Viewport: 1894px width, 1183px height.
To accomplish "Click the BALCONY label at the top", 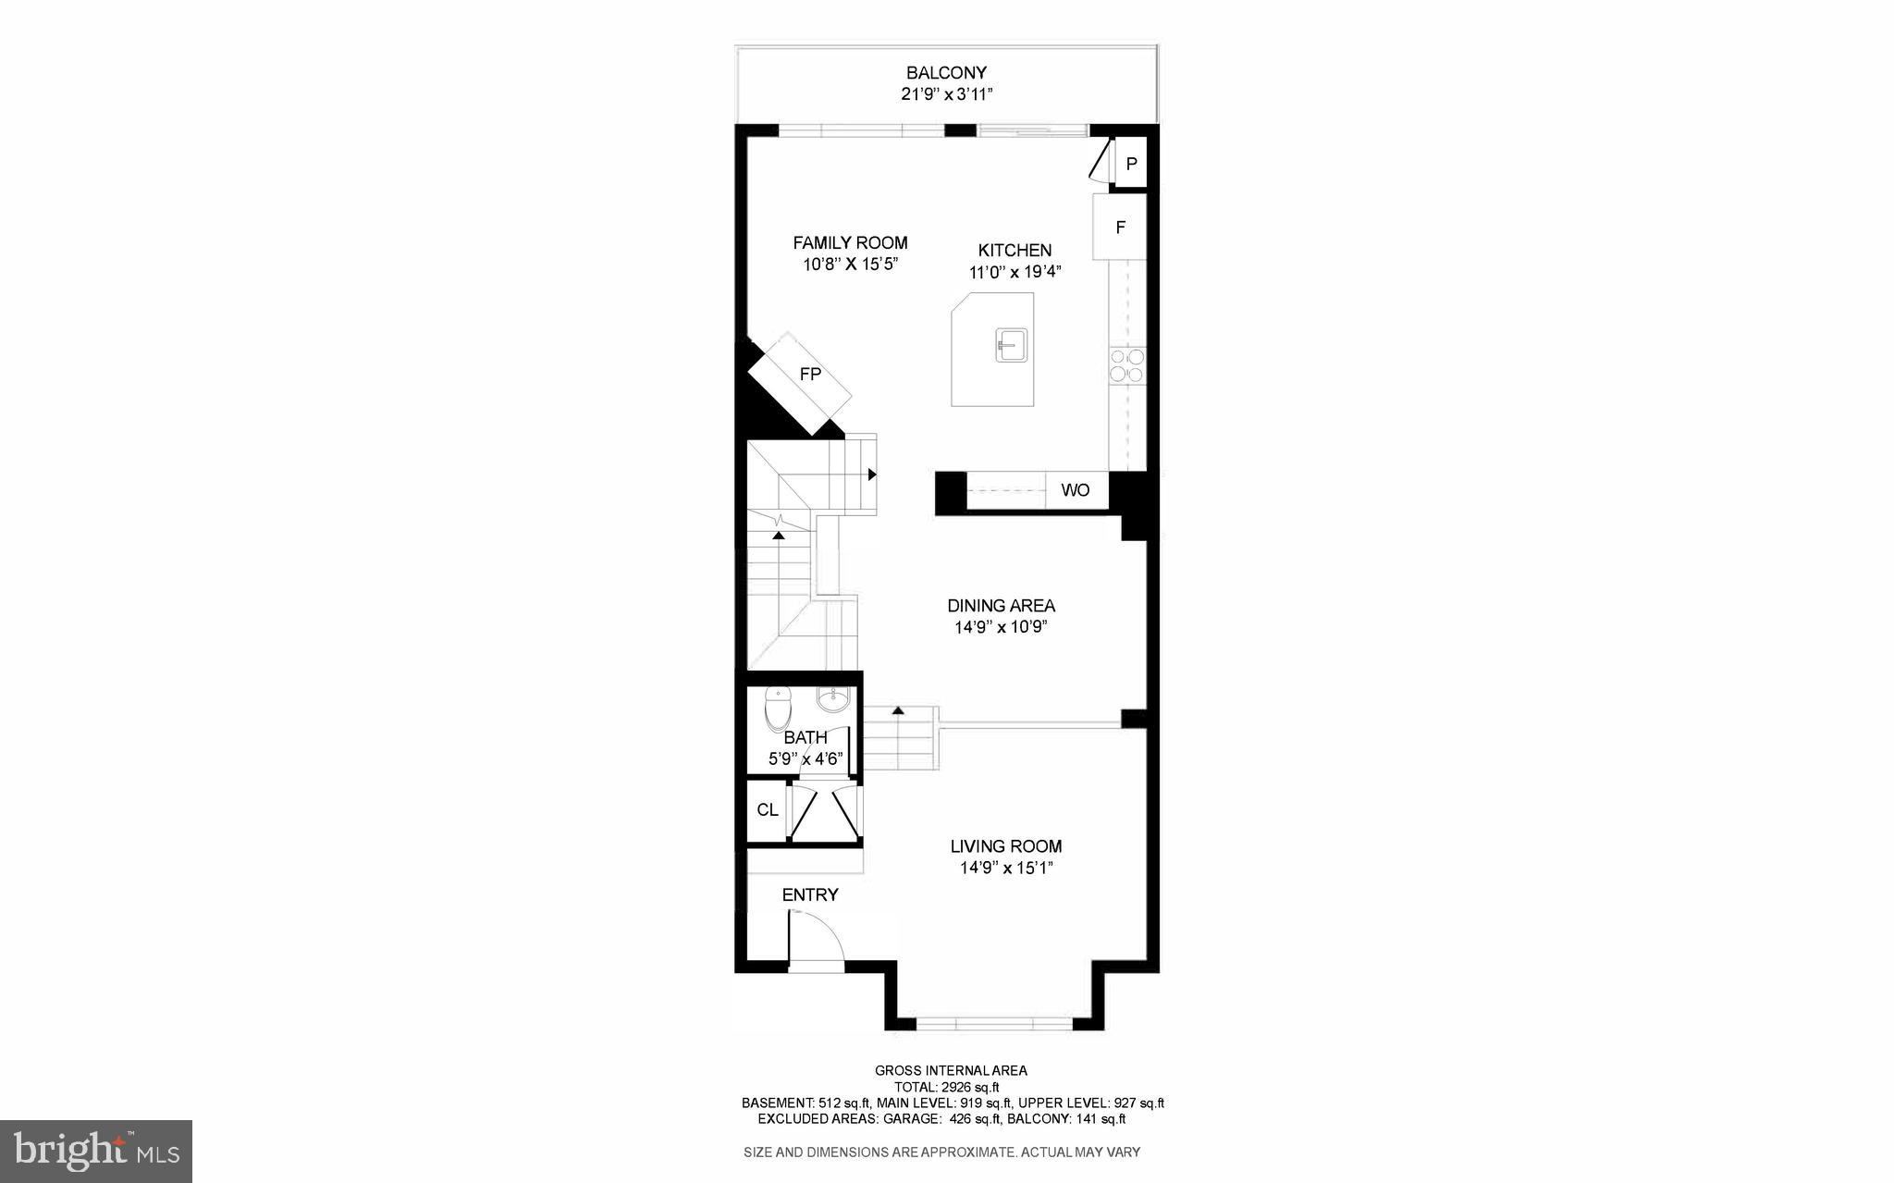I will click(x=946, y=72).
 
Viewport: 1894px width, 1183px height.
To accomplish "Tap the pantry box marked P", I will click(x=1130, y=165).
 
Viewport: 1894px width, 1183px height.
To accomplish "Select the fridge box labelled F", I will click(x=1120, y=227).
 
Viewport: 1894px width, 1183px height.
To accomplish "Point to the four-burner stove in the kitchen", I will click(x=1126, y=365).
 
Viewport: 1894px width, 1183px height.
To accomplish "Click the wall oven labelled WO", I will click(x=1076, y=490).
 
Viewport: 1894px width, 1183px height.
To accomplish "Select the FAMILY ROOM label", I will click(x=850, y=242).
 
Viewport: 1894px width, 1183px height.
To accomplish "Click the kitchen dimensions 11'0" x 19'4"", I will click(x=1015, y=273).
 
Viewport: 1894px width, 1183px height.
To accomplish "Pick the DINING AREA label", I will click(x=1001, y=606).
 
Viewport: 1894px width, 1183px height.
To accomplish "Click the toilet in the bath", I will click(x=780, y=710).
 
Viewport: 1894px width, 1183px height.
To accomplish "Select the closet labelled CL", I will click(x=768, y=810).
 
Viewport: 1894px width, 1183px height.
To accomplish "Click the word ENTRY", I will click(x=810, y=894).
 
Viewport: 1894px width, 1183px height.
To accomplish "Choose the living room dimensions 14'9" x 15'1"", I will click(x=1006, y=869).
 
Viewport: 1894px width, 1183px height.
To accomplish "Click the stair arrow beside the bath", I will click(x=897, y=711).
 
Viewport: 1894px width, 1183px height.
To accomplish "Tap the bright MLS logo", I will click(x=96, y=1151).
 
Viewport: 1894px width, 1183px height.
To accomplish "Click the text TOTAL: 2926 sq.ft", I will click(x=946, y=1087).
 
